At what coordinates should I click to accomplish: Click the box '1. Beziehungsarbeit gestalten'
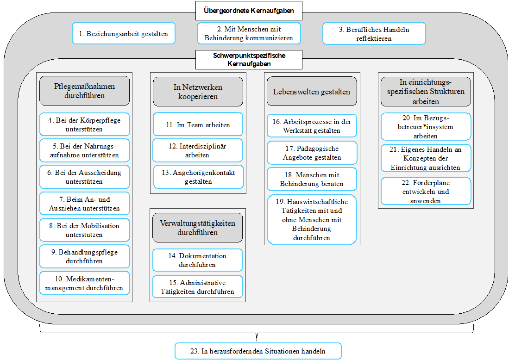coord(124,33)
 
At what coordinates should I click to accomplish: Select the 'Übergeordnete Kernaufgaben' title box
coord(249,11)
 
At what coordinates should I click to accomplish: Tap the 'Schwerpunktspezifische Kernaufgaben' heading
coord(249,59)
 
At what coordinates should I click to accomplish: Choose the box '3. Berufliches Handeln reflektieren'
coord(374,33)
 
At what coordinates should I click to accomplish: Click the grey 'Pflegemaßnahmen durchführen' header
coord(84,91)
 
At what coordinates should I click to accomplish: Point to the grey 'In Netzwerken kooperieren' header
coord(198,92)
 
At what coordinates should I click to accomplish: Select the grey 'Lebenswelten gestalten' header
coord(312,92)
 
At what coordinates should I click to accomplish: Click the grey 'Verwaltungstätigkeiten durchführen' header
coord(197,228)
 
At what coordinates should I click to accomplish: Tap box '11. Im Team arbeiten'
coord(198,124)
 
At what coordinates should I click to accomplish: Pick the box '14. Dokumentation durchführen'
coord(197,260)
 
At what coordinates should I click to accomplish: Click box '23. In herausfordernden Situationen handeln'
coord(258,351)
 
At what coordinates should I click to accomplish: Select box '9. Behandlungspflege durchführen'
coord(84,256)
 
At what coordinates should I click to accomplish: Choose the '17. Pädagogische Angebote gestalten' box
coord(312,153)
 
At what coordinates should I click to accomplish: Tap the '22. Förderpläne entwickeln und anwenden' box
coord(426,191)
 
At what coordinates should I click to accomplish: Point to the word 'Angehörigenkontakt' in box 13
coord(204,173)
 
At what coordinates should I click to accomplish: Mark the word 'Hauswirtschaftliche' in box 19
coord(317,201)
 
